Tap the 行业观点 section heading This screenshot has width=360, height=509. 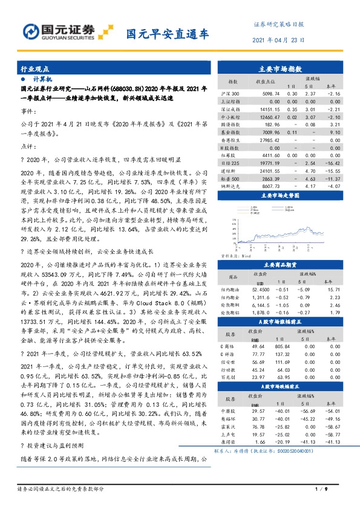coord(35,70)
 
